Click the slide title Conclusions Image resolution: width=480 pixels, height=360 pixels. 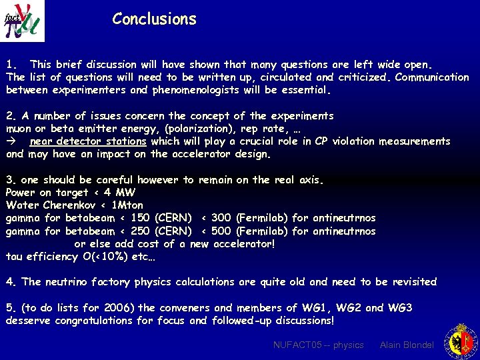tap(154, 19)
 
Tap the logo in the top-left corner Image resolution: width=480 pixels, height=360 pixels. tap(23, 21)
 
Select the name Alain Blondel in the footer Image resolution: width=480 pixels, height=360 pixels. tap(407, 345)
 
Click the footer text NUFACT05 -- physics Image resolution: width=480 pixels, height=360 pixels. tap(319, 345)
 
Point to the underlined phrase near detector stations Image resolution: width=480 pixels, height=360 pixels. tap(88, 141)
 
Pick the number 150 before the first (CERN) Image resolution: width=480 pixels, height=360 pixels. tap(140, 218)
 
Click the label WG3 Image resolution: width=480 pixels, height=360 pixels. tap(400, 308)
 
